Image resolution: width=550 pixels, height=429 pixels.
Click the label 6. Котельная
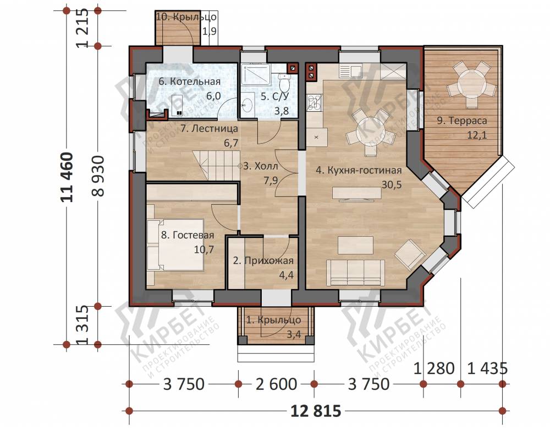click(x=189, y=82)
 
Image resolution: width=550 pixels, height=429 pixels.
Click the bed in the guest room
click(x=175, y=245)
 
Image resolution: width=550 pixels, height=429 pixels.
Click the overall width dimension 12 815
click(x=316, y=410)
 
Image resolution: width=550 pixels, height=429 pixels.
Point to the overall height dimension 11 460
click(x=67, y=177)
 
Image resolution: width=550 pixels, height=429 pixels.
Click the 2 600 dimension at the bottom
click(x=277, y=384)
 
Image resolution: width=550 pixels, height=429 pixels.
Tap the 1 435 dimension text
click(x=488, y=368)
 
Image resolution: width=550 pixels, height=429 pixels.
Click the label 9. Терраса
click(x=462, y=121)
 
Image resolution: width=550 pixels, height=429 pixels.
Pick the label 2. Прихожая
click(x=263, y=260)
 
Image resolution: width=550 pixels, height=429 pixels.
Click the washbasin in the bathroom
click(x=248, y=104)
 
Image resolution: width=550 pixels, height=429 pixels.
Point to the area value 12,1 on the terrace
click(x=477, y=135)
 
